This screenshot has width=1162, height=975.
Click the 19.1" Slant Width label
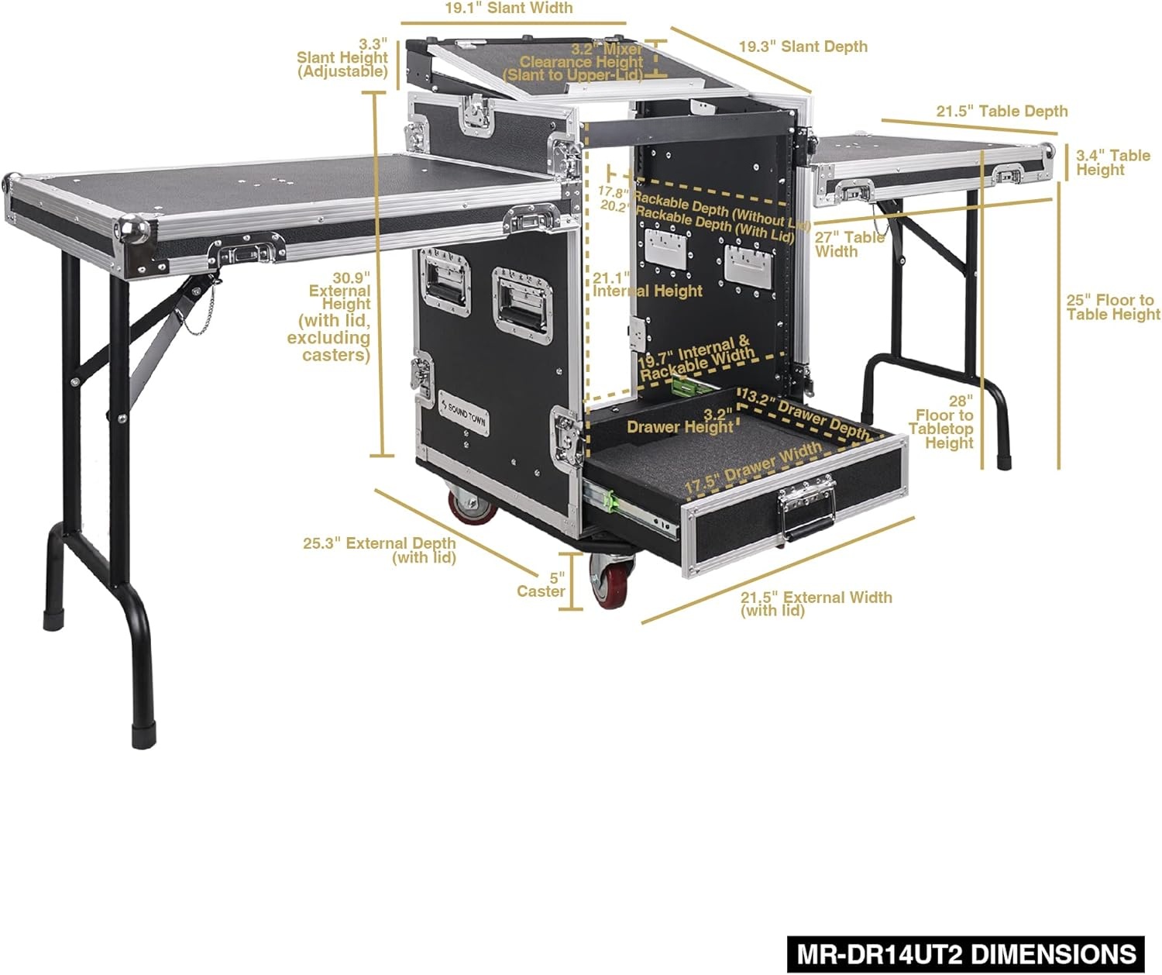[x=508, y=9]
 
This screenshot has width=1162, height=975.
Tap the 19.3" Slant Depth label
[x=803, y=47]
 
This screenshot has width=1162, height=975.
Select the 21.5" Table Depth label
[x=1002, y=111]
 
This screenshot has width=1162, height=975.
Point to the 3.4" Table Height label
[x=1112, y=162]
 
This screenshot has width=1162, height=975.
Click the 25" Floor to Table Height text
[x=1112, y=307]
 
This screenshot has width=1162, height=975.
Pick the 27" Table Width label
[x=849, y=244]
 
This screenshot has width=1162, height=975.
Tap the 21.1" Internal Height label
[x=647, y=284]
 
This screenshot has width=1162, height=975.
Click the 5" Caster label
[x=542, y=585]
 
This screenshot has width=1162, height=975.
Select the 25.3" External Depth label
[x=380, y=550]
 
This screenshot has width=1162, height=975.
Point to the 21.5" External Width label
[x=816, y=603]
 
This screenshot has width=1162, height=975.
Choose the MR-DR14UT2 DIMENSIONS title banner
[x=966, y=953]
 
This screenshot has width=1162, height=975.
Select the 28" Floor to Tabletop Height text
[x=944, y=422]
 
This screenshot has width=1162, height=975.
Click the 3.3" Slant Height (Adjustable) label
[x=342, y=58]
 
